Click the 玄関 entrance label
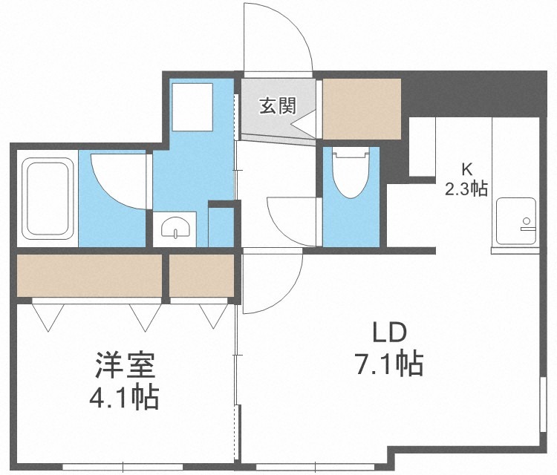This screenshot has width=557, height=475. (x=276, y=106)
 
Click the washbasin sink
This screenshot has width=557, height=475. (x=175, y=229)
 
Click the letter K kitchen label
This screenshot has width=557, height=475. (x=466, y=168)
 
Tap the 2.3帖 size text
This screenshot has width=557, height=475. (x=466, y=189)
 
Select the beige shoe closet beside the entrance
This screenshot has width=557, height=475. (x=362, y=105)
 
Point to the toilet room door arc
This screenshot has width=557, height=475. (x=292, y=223)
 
